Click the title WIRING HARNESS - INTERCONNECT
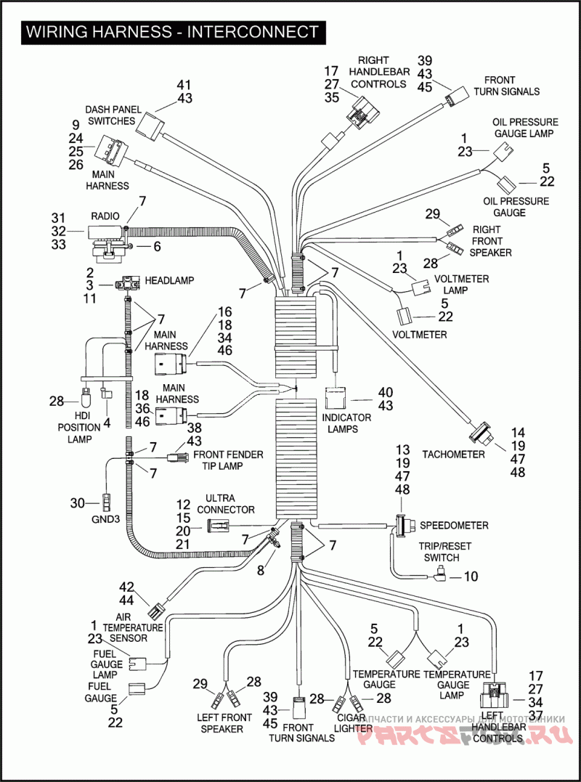click(x=171, y=32)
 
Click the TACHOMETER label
click(x=453, y=455)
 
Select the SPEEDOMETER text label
click(x=455, y=525)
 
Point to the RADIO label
click(x=105, y=216)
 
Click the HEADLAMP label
click(x=169, y=280)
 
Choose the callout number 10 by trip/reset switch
click(x=471, y=577)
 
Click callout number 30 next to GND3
click(x=78, y=502)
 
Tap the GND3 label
click(x=106, y=520)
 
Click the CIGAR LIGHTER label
click(x=354, y=722)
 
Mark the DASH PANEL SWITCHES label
click(x=112, y=115)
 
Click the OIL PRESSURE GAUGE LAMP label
click(x=525, y=128)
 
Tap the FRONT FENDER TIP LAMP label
click(x=228, y=460)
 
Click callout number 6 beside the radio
click(x=157, y=247)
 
